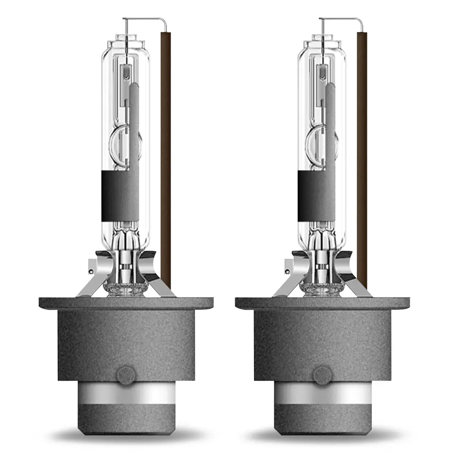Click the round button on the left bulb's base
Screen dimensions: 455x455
126,375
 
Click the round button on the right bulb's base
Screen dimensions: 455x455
322,375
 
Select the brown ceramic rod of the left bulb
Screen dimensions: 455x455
166,160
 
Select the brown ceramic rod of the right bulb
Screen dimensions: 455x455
362,160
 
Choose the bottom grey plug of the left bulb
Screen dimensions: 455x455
126,419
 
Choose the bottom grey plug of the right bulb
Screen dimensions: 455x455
322,419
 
